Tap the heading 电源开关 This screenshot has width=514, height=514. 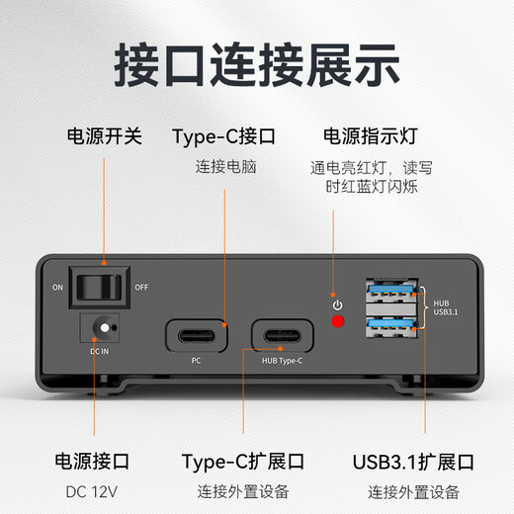[104, 136]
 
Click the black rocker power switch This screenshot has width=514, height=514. [103, 286]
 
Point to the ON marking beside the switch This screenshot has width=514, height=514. [59, 287]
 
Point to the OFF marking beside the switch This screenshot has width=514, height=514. [141, 287]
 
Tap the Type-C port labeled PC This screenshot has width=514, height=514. [196, 335]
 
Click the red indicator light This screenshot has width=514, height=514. [339, 321]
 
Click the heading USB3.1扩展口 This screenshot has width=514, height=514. [413, 462]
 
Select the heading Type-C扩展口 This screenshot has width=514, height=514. [243, 462]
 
